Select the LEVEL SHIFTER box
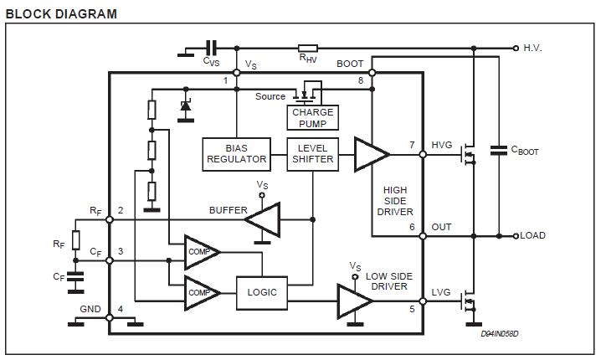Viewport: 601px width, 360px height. tap(312, 153)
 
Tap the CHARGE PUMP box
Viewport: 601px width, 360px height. tap(312, 118)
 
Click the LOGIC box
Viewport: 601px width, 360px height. tap(261, 292)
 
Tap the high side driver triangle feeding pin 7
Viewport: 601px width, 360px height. tap(369, 153)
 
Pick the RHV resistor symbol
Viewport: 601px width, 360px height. tap(308, 49)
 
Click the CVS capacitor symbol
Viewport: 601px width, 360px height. tap(211, 49)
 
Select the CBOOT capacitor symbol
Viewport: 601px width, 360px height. tap(499, 151)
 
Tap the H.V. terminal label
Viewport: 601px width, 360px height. tap(532, 49)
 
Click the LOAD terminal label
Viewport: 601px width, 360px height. tap(532, 235)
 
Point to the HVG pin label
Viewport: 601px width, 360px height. tap(442, 145)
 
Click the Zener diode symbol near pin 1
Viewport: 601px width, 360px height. tap(185, 107)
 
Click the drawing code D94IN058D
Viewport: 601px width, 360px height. tap(500, 334)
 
